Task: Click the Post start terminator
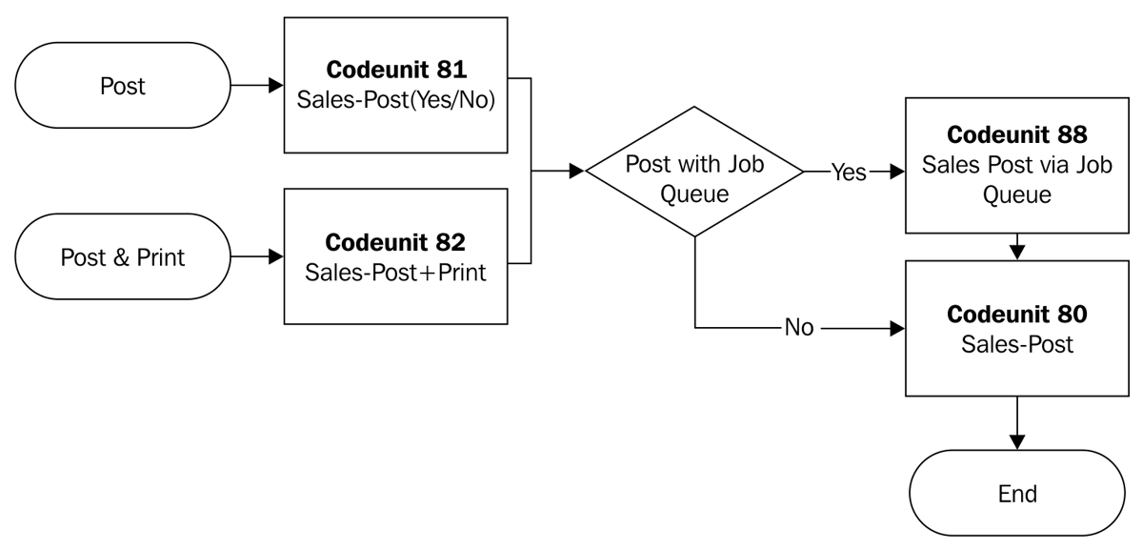[123, 86]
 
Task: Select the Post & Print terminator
[123, 257]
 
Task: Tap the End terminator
[1016, 494]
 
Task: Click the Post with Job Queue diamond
[694, 173]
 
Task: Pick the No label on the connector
[798, 329]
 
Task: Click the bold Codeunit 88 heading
[1016, 135]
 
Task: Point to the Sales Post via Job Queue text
[1016, 179]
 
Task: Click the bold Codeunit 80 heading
[1016, 314]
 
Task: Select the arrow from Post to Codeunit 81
[251, 86]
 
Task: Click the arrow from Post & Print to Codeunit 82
[251, 257]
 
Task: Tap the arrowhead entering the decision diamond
[577, 173]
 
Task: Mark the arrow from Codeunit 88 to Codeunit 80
[1016, 247]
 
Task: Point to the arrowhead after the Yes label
[896, 173]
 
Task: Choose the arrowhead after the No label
[896, 329]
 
